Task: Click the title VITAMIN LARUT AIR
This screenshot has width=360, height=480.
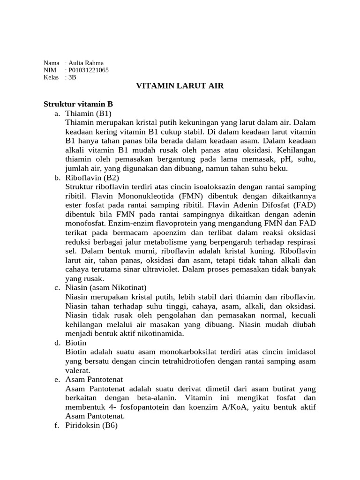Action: point(180,86)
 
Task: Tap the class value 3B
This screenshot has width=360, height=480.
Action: point(72,77)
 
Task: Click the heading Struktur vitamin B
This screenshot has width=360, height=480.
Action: point(78,104)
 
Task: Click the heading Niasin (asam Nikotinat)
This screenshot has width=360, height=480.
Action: point(106,287)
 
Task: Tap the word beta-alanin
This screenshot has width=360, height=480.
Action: point(154,397)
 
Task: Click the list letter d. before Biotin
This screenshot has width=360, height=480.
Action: point(57,343)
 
